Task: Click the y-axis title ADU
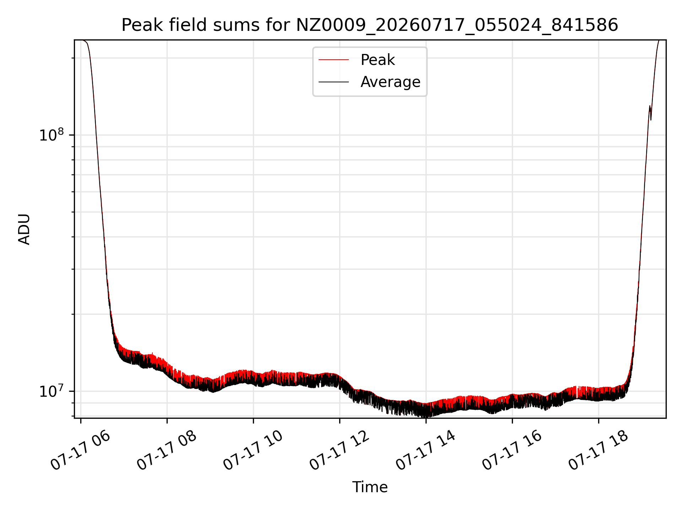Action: (24, 229)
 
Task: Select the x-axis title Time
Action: (370, 487)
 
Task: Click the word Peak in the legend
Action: (378, 60)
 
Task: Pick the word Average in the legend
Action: (390, 82)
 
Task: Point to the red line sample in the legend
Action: (334, 60)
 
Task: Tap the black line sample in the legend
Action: (334, 82)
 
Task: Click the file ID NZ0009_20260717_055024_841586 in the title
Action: (457, 25)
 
